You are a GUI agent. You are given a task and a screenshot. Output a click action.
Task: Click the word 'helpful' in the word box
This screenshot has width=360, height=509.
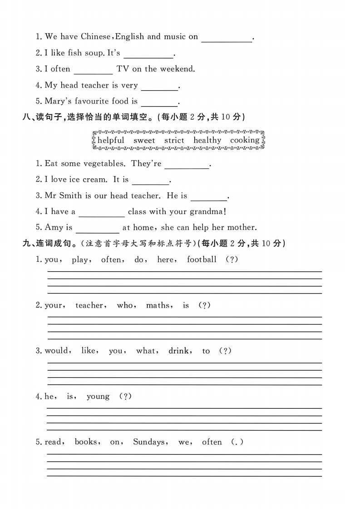[110, 141]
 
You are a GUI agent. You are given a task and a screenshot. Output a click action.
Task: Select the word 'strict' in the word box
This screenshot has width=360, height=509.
[174, 141]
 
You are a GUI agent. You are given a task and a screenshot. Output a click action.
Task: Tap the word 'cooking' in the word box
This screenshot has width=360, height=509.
[245, 140]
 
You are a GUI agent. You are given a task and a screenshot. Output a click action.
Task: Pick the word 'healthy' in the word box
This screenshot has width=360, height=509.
[207, 141]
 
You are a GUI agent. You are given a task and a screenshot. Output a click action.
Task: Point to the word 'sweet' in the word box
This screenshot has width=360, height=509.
[144, 141]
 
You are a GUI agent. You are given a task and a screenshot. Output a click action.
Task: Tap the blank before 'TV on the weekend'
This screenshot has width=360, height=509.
[93, 70]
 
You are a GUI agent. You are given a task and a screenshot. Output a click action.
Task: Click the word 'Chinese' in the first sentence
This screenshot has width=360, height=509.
[96, 37]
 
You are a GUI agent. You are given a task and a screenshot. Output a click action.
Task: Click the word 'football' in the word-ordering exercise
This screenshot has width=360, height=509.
[202, 260]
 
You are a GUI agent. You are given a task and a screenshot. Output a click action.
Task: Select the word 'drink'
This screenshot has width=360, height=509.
[178, 351]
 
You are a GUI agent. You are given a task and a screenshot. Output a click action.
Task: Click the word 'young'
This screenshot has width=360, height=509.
[98, 397]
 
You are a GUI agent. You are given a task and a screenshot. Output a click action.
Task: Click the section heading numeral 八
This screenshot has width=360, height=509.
[26, 117]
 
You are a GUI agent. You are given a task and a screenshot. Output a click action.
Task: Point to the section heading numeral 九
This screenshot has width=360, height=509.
[26, 244]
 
